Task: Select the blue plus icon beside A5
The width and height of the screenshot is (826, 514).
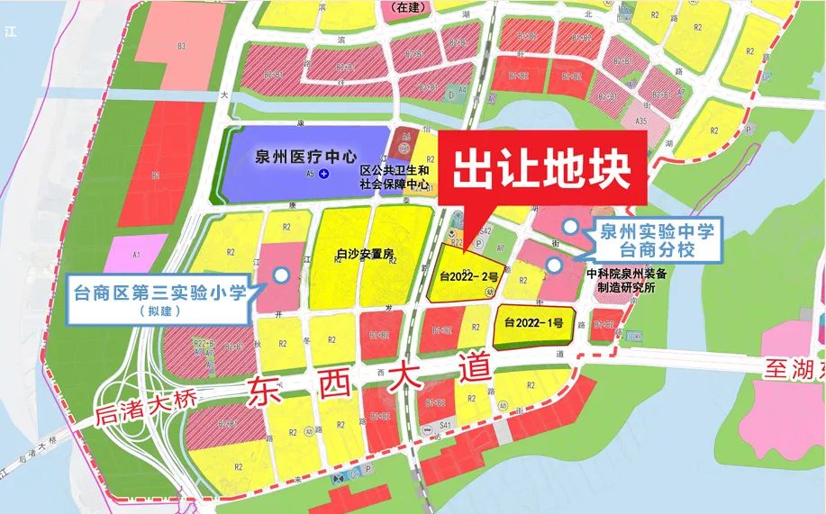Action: pyautogui.click(x=324, y=172)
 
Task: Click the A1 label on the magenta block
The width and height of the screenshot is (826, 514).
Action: pyautogui.click(x=137, y=256)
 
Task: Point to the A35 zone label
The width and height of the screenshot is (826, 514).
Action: pyautogui.click(x=641, y=121)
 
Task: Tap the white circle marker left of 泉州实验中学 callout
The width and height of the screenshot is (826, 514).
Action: pyautogui.click(x=569, y=227)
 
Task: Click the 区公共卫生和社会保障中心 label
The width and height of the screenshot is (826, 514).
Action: pyautogui.click(x=394, y=177)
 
